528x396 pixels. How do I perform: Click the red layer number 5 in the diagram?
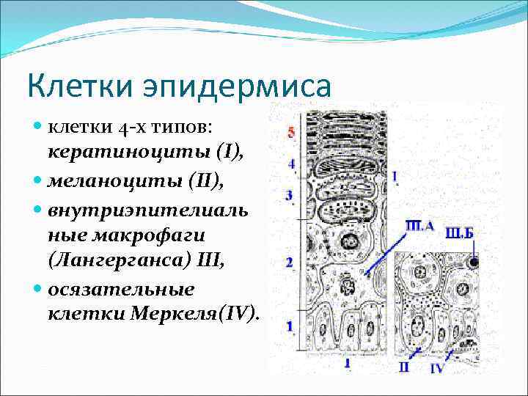(291, 133)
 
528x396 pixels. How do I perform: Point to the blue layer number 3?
(289, 195)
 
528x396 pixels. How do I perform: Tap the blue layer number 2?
(290, 262)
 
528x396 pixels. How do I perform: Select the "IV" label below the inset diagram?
(436, 368)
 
